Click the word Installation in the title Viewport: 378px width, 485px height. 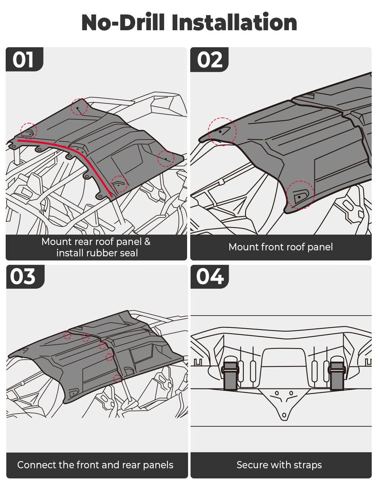[x=234, y=22]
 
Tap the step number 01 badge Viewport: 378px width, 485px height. [x=24, y=59]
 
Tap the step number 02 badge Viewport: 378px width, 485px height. [x=209, y=59]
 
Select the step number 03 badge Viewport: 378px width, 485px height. [x=24, y=277]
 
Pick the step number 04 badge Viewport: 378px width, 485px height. [x=209, y=277]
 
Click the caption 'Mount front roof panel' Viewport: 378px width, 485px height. [x=280, y=247]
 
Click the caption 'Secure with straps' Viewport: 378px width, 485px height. [x=279, y=465]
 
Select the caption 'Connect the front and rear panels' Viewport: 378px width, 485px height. [x=95, y=465]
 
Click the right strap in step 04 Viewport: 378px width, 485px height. [x=336, y=373]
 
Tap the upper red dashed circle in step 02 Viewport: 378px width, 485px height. [x=222, y=132]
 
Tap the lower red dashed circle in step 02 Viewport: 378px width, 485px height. [x=300, y=195]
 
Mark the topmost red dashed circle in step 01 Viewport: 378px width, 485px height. [x=79, y=107]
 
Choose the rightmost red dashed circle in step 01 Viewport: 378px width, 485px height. [x=166, y=158]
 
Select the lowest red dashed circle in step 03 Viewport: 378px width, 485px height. [x=118, y=378]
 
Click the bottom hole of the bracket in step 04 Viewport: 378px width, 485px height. [x=284, y=416]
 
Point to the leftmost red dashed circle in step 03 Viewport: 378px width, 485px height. [x=67, y=335]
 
